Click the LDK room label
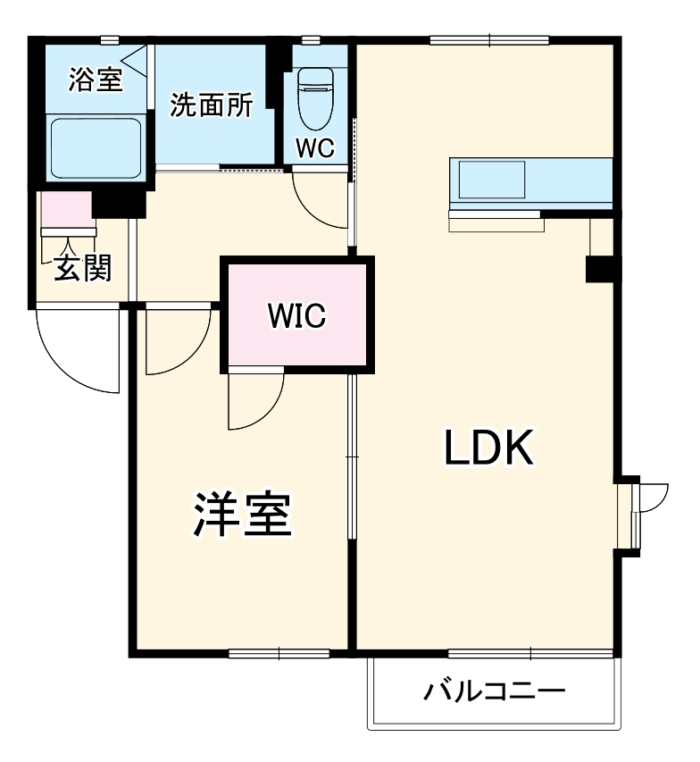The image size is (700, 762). [x=488, y=449]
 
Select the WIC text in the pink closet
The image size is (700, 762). [x=297, y=315]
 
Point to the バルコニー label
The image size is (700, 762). [x=494, y=691]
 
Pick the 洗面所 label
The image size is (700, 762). [x=211, y=105]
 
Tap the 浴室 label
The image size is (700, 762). [x=96, y=80]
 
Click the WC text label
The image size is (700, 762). [x=315, y=149]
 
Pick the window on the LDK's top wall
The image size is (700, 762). [x=488, y=39]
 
